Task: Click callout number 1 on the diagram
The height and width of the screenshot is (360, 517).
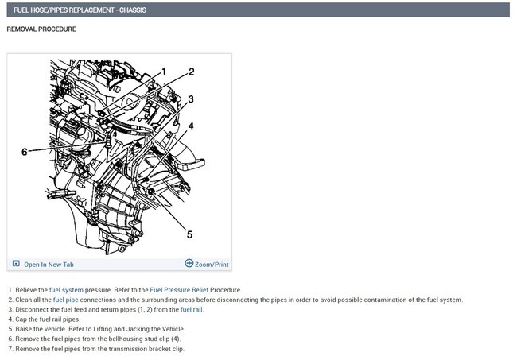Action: coord(164,72)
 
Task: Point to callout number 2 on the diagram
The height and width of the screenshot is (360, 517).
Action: coord(191,72)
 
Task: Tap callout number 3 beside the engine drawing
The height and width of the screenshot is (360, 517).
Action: coord(191,99)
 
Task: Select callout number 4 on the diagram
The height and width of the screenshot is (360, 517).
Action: coord(191,126)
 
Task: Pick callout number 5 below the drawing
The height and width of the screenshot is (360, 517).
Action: coord(189,234)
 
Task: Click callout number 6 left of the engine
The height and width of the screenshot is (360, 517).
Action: coord(25,152)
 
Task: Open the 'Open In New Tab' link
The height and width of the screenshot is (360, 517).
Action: coord(49,265)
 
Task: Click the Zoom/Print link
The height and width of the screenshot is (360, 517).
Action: coord(212,265)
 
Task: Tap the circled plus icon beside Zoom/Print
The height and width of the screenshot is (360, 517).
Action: coord(189,263)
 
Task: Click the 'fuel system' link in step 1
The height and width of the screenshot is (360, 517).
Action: coord(66,290)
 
